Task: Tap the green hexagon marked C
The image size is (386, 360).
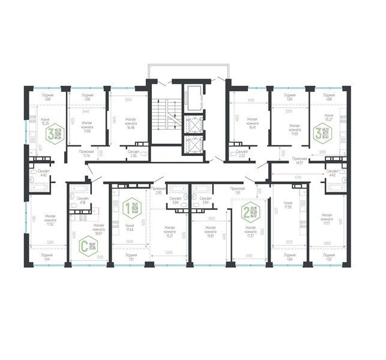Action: tap(76, 247)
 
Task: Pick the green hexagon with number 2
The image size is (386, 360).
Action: tap(246, 211)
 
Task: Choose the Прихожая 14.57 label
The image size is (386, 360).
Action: tap(300, 160)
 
